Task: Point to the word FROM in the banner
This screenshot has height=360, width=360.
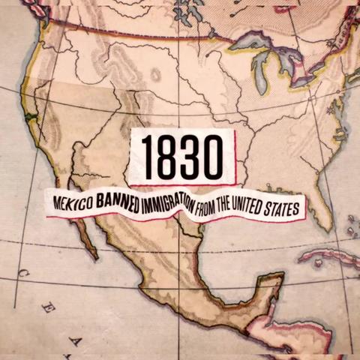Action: pos(208,208)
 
